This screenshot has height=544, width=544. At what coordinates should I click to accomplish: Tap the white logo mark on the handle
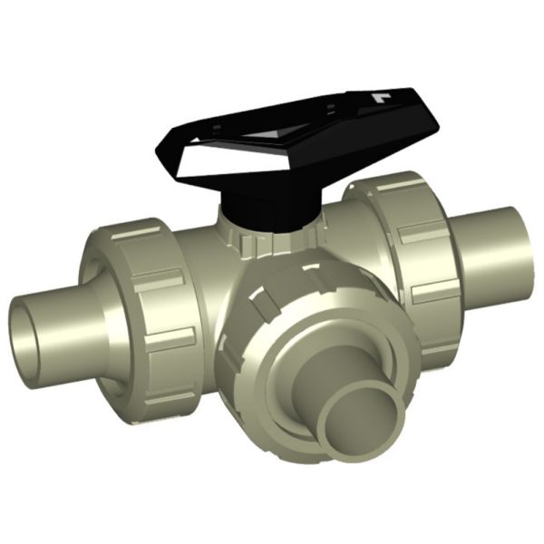[x=380, y=95]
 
